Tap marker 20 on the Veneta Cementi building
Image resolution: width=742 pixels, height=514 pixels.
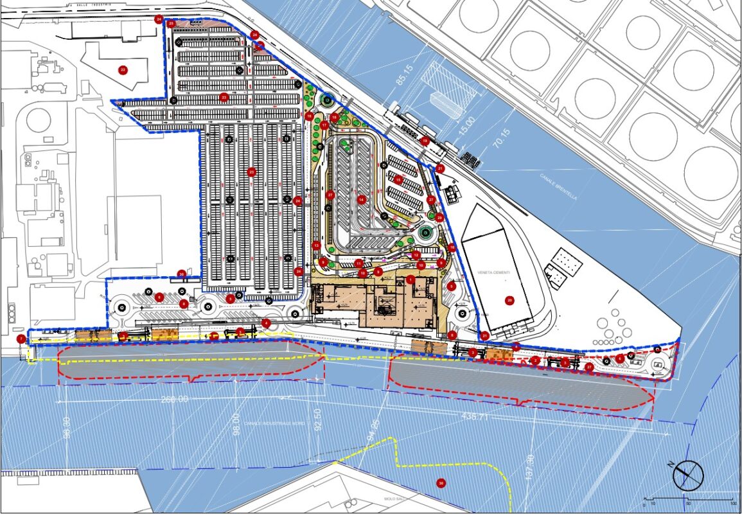[509, 299]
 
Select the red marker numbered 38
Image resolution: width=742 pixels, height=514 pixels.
[440, 483]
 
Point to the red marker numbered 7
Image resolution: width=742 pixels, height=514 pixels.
[21, 338]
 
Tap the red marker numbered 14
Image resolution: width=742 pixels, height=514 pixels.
[362, 200]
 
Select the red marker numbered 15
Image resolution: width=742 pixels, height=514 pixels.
[398, 181]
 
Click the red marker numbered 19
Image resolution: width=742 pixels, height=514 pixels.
[424, 140]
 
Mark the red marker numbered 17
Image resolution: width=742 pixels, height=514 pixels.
[325, 125]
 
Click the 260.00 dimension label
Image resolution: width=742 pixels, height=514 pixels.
[176, 399]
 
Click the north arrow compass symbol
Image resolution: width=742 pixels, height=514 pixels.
[688, 475]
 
